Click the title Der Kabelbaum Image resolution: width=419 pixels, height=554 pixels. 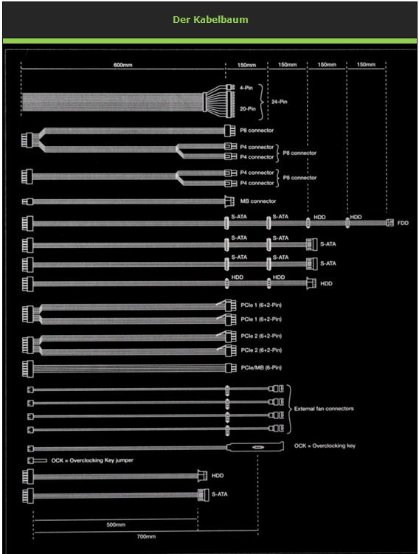point(210,19)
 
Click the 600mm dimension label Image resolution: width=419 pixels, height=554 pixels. point(123,65)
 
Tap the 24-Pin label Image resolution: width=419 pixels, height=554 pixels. point(280,102)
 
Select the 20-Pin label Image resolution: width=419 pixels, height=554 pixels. point(248,109)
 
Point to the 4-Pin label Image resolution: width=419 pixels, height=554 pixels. point(246,88)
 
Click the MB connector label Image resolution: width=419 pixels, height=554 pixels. point(258,201)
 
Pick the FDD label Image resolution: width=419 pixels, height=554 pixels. point(403,223)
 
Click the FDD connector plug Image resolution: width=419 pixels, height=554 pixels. point(389,223)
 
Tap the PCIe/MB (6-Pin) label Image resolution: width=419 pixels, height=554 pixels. point(261,367)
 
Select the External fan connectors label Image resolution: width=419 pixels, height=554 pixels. point(324,409)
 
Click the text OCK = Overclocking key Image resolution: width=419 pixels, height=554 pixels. point(325,446)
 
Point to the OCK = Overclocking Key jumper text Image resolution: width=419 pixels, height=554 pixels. point(92,460)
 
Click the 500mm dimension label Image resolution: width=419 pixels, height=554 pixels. point(116,524)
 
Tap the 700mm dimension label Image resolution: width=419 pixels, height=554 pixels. point(146,536)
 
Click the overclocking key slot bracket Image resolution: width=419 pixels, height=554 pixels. point(255,447)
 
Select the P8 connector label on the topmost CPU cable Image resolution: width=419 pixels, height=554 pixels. point(257,131)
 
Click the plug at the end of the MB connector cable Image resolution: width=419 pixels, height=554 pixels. point(229,201)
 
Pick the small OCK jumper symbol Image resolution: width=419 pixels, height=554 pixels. point(37,461)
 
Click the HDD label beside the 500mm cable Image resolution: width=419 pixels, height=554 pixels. point(218,476)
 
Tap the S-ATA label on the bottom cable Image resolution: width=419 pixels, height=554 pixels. point(220,494)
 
